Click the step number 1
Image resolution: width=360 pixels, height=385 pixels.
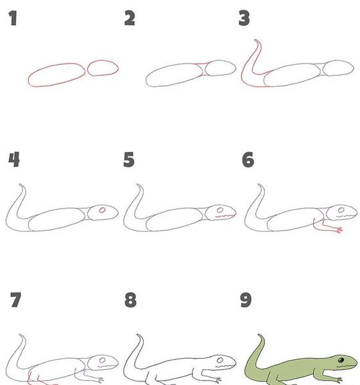13,18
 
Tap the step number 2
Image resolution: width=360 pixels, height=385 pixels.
130,18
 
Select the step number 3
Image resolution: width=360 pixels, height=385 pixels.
244,18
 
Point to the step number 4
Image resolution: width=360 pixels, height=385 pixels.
14,159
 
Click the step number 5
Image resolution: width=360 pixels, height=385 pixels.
129,159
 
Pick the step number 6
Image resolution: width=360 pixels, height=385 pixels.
248,160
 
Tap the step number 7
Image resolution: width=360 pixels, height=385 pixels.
15,300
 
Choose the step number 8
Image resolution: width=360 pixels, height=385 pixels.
130,300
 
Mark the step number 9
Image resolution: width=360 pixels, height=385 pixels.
246,300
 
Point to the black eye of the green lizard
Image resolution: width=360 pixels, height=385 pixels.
341,360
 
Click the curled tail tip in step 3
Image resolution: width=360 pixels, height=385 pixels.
256,40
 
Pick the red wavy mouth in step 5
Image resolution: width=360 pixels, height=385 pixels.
225,216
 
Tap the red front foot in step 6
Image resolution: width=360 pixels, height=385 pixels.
339,230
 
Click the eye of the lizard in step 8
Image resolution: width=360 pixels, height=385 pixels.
220,360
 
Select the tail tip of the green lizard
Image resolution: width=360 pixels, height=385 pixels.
259,335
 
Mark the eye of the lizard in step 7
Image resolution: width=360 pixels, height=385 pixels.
103,360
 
